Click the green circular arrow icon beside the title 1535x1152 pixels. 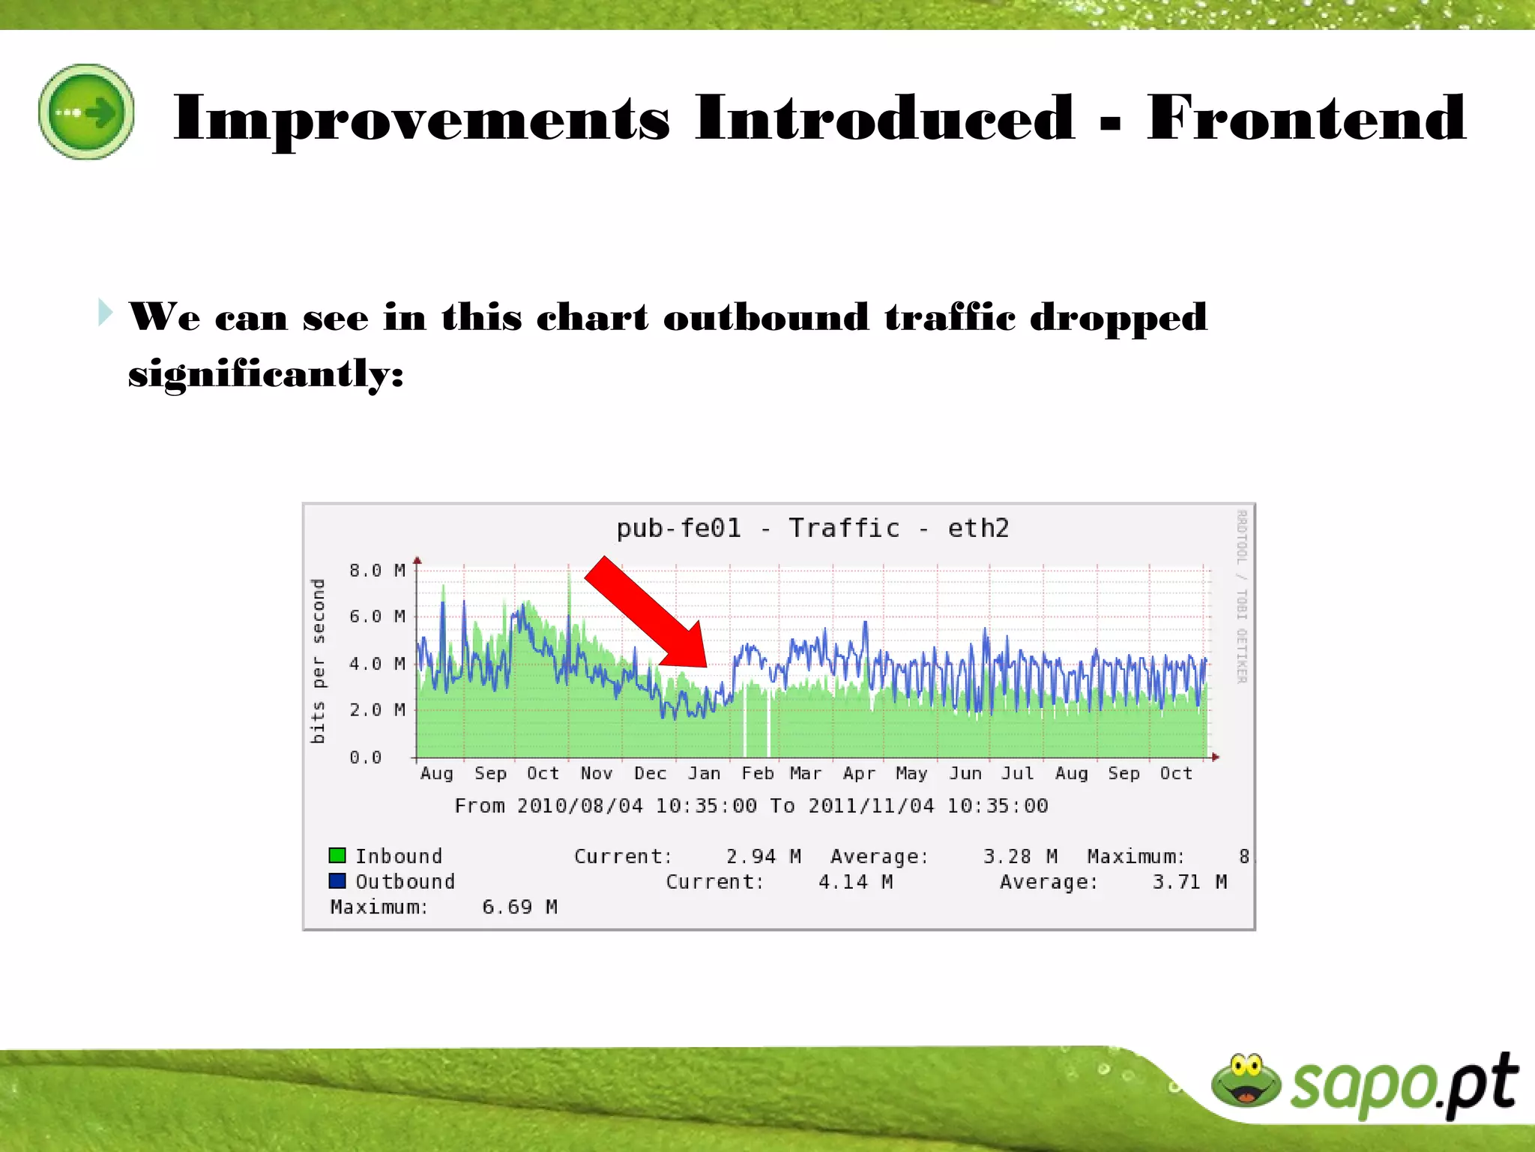(x=86, y=112)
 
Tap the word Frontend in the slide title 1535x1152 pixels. (x=1306, y=118)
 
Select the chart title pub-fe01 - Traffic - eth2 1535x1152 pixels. (x=812, y=528)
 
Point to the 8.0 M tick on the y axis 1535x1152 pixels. (x=376, y=570)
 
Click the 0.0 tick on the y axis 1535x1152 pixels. (x=365, y=757)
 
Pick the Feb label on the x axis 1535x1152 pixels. (x=757, y=773)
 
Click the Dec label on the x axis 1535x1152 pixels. (x=650, y=773)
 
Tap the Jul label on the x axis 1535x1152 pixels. (x=1017, y=773)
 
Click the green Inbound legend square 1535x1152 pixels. (x=337, y=856)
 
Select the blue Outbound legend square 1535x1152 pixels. (x=337, y=880)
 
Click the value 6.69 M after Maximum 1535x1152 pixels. (x=519, y=907)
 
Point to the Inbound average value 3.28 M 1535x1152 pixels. (x=1020, y=856)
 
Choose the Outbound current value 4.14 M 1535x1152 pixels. (x=855, y=881)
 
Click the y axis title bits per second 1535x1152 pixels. (x=318, y=661)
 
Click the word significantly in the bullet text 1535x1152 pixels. (x=265, y=373)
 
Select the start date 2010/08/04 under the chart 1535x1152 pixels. (x=579, y=805)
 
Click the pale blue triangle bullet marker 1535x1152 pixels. (x=106, y=312)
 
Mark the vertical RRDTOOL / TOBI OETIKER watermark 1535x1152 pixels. (x=1240, y=597)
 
